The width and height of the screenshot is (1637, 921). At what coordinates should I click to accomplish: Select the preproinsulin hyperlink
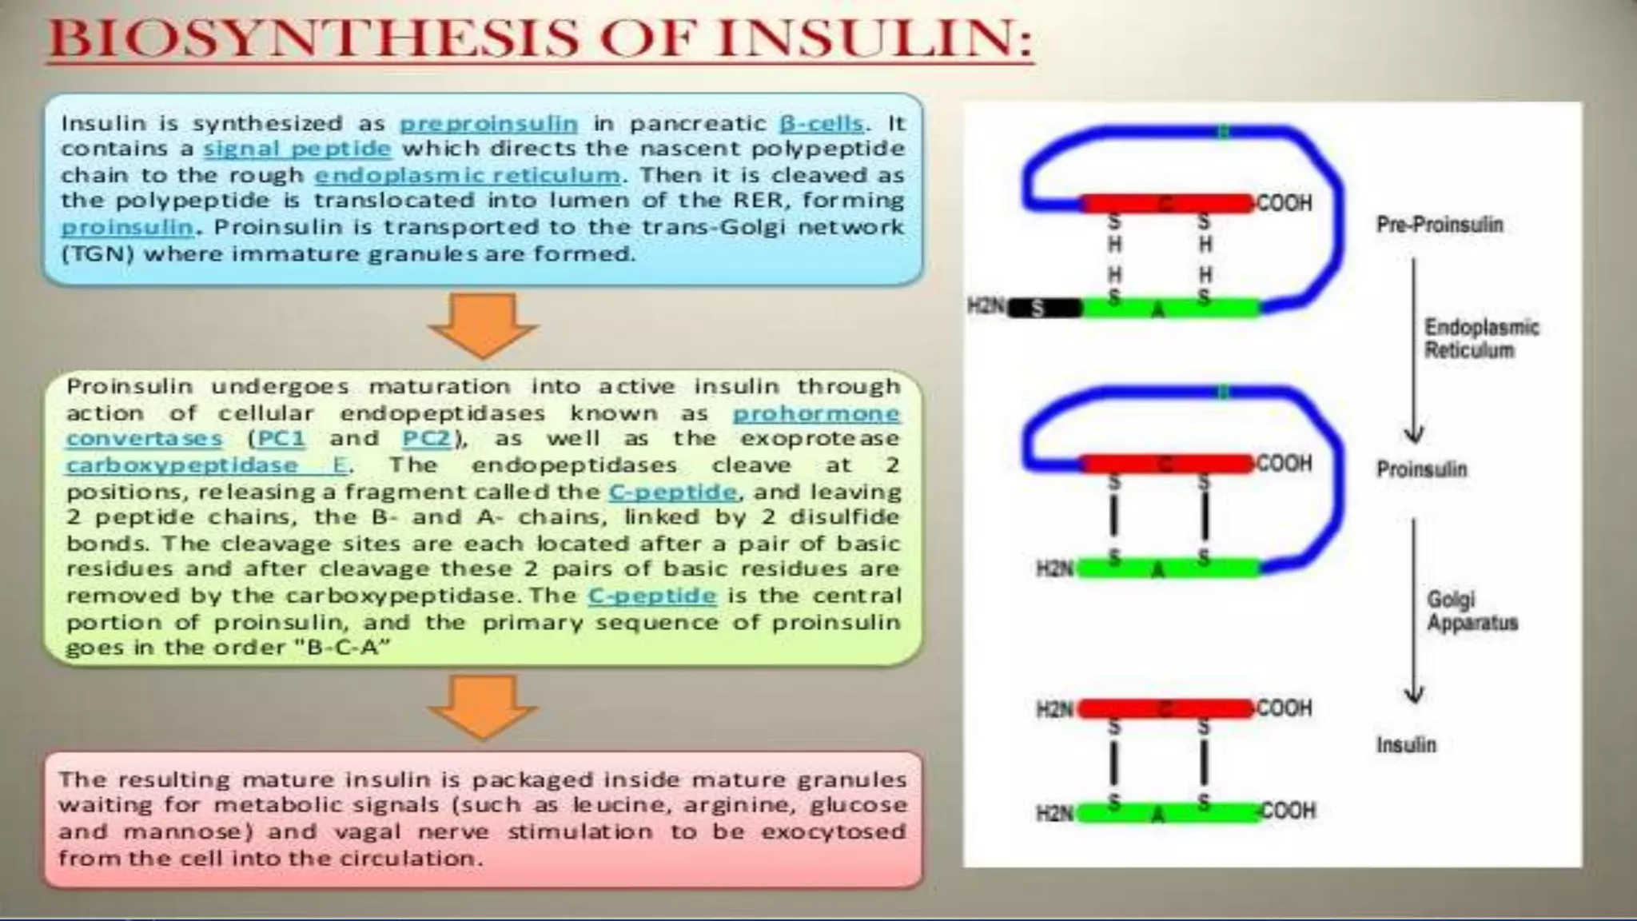tap(488, 124)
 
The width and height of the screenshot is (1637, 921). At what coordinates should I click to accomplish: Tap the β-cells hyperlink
tap(822, 124)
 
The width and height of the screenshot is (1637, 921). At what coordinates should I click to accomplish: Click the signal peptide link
tap(297, 150)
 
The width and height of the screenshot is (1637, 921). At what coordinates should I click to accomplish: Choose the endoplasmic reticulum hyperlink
tap(467, 175)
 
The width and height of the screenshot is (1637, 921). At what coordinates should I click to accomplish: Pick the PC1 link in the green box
tap(281, 439)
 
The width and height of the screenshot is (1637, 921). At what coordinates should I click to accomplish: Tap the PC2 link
tap(426, 439)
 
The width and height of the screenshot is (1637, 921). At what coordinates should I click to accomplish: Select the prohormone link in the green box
tap(816, 413)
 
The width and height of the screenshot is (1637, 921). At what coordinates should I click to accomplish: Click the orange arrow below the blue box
tap(482, 324)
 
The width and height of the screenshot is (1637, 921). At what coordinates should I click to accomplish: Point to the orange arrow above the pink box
tap(482, 705)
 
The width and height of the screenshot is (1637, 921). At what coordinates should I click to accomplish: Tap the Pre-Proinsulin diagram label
tap(1439, 225)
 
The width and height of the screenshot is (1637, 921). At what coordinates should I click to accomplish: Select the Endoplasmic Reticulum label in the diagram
tap(1480, 338)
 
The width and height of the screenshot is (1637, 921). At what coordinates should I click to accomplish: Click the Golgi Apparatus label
tap(1472, 611)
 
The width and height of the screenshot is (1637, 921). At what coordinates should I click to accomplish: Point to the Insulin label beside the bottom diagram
tap(1405, 745)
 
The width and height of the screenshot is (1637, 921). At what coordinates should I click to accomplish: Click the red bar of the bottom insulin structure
tap(1165, 708)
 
